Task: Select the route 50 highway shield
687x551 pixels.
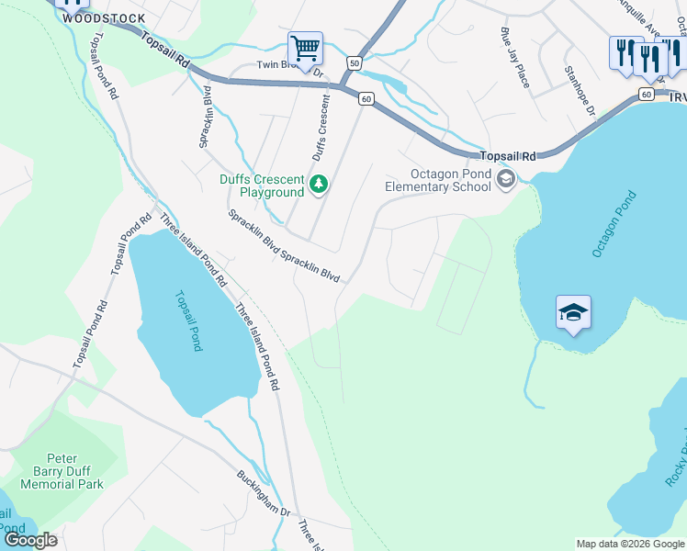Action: pyautogui.click(x=354, y=62)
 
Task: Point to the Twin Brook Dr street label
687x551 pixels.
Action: pyautogui.click(x=290, y=66)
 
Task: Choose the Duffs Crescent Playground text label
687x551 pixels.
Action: pyautogui.click(x=260, y=186)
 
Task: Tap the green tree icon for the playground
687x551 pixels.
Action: pyautogui.click(x=319, y=186)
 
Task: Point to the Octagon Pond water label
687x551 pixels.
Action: pyautogui.click(x=614, y=224)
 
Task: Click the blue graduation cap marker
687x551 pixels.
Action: pyautogui.click(x=573, y=313)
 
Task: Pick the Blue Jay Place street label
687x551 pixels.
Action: pyautogui.click(x=514, y=57)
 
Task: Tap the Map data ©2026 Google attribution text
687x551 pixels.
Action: pyautogui.click(x=630, y=544)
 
